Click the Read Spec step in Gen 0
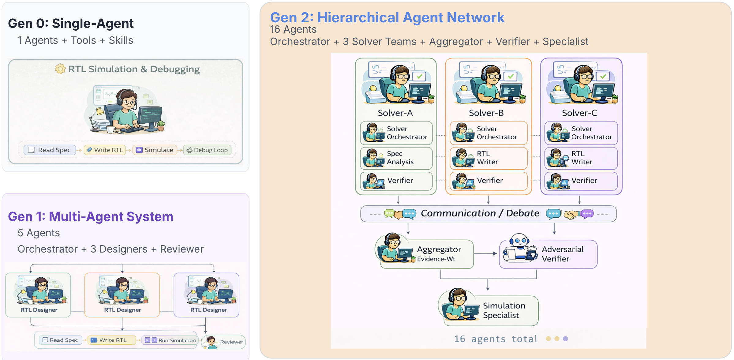(x=50, y=150)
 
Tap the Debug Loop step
(x=207, y=150)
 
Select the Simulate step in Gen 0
(x=155, y=150)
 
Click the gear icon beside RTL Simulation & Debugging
(x=60, y=69)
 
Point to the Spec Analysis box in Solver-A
(x=396, y=158)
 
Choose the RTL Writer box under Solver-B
(x=489, y=158)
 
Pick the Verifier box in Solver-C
(x=581, y=181)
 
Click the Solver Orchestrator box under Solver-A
(x=396, y=133)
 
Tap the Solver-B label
(x=486, y=113)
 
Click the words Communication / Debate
(x=480, y=213)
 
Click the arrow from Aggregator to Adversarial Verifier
(x=485, y=253)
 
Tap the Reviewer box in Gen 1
(x=224, y=342)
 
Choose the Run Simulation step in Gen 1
(x=170, y=340)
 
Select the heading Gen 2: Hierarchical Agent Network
(x=387, y=17)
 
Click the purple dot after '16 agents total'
(x=565, y=339)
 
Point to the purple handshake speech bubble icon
(x=587, y=213)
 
